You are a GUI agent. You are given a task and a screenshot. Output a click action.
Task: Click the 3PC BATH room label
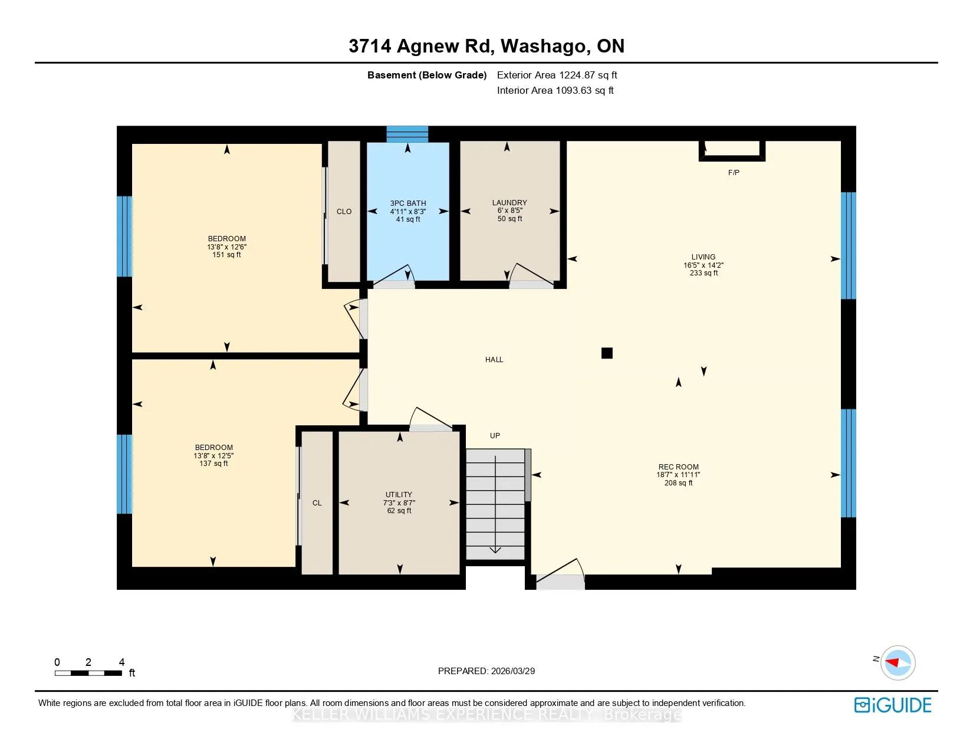point(408,203)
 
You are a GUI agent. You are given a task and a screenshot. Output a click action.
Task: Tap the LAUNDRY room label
point(509,203)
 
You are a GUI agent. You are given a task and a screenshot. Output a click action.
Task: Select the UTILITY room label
point(399,494)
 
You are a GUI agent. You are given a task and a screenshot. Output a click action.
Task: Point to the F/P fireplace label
point(734,172)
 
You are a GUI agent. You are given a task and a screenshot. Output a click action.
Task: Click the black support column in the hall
point(607,353)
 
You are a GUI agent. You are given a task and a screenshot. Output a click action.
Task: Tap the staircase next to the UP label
point(495,504)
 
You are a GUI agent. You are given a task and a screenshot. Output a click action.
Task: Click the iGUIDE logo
point(893,705)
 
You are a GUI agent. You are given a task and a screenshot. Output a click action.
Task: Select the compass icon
point(898,663)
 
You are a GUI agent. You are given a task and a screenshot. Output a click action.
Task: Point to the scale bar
point(88,673)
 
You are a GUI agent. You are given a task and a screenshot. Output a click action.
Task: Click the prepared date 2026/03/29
point(512,671)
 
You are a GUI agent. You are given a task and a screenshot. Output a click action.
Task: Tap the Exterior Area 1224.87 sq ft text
point(557,75)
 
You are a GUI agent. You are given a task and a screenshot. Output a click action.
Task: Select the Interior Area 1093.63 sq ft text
point(555,90)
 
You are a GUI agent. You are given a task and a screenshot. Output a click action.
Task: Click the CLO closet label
point(344,211)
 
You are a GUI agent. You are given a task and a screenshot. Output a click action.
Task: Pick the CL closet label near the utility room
point(317,503)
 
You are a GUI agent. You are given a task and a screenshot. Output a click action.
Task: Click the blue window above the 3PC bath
point(407,134)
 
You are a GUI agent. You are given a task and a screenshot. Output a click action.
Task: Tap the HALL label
point(494,360)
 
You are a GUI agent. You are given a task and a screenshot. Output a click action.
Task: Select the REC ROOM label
point(678,467)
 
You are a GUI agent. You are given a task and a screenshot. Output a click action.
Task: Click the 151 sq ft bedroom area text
point(226,255)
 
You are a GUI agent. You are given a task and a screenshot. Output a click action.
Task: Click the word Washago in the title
point(543,46)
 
